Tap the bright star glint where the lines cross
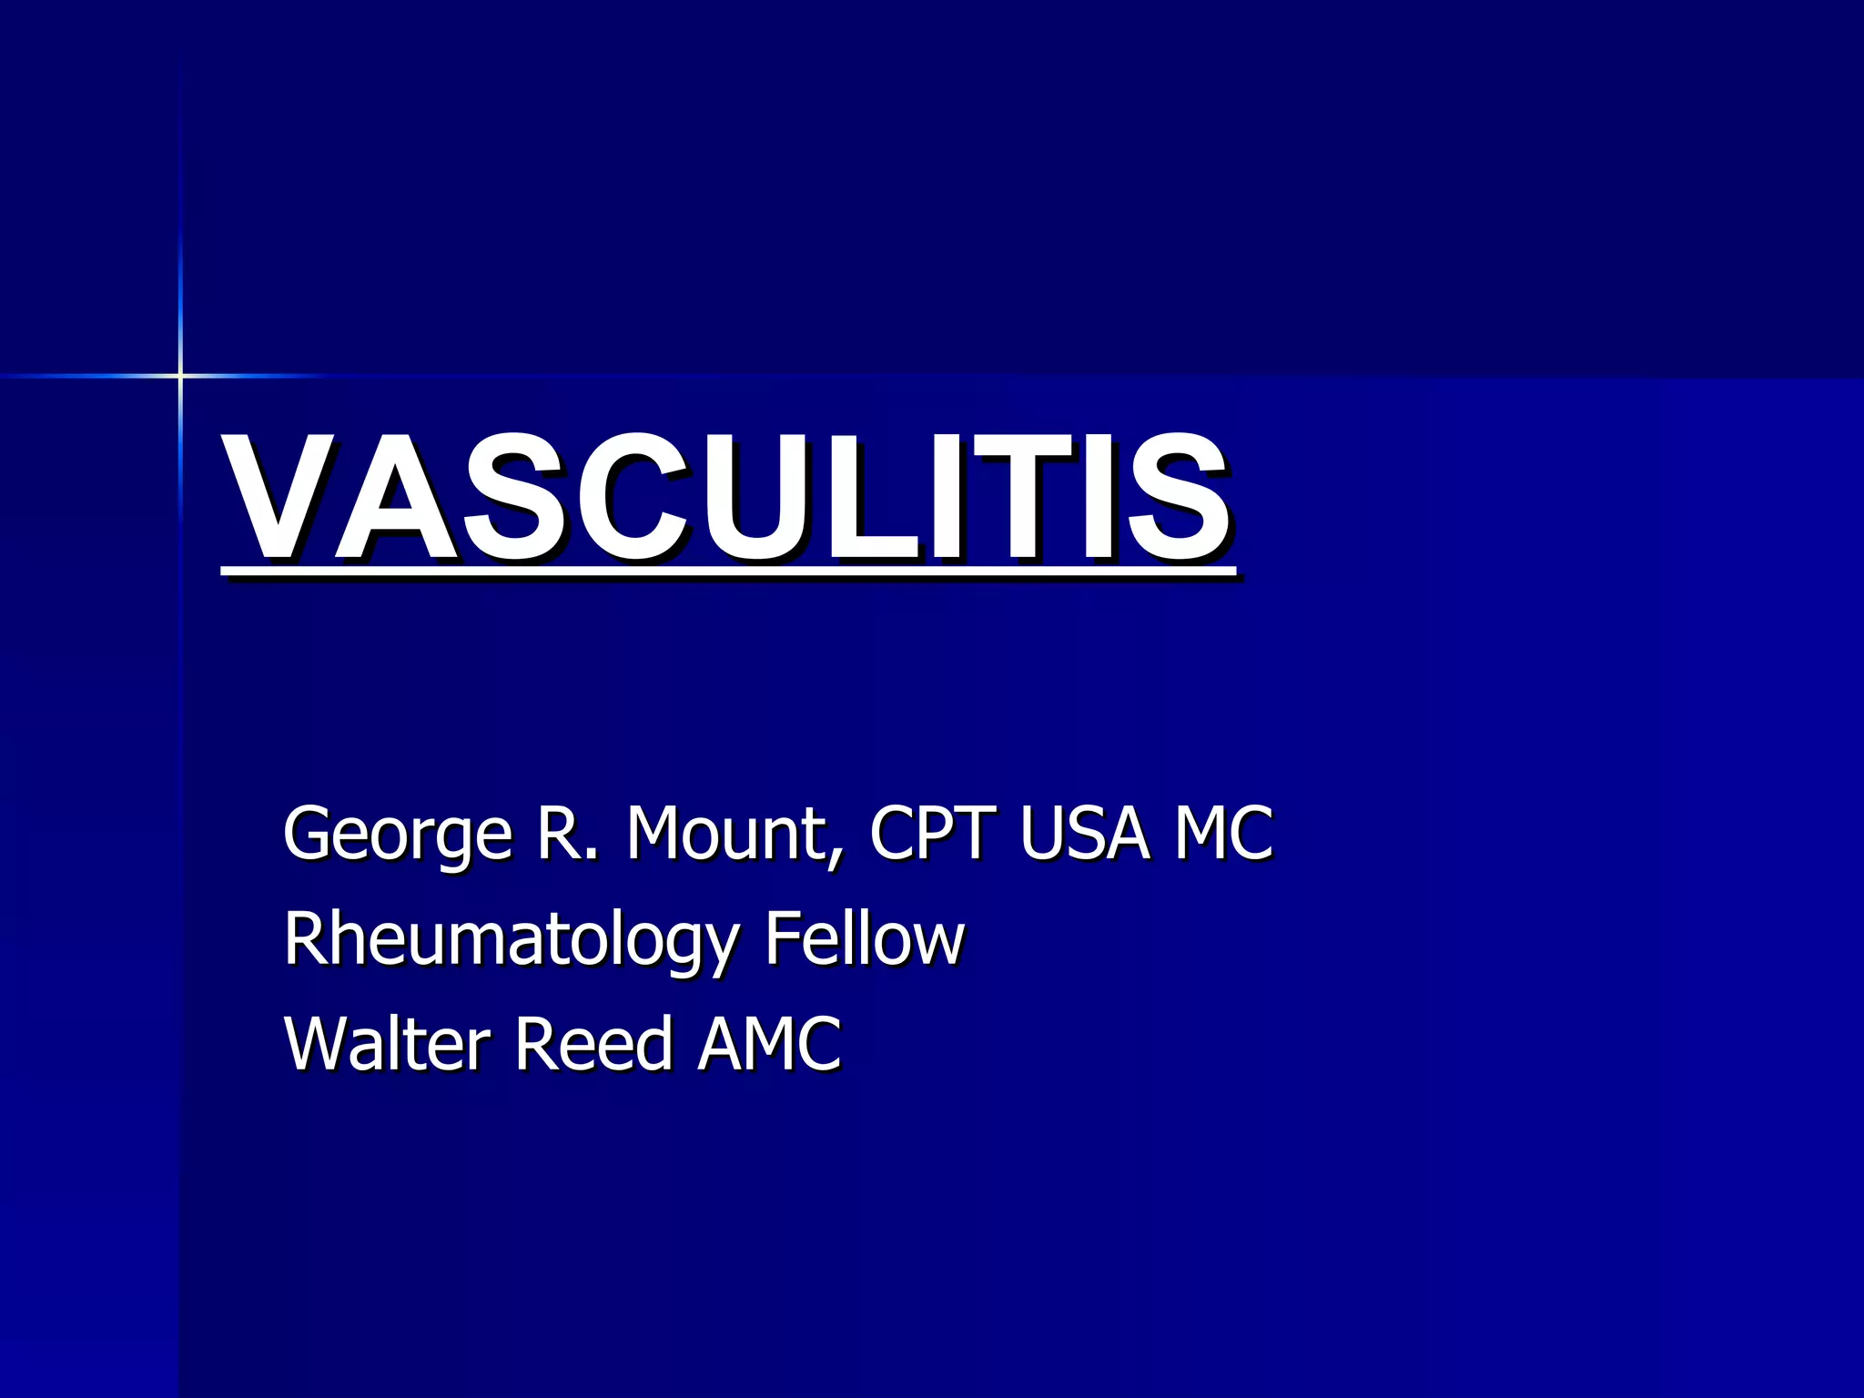click(180, 375)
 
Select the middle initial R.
click(560, 832)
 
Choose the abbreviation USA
click(1084, 832)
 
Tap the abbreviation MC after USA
click(1223, 832)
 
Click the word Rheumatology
click(511, 939)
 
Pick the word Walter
click(388, 1043)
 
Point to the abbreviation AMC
click(769, 1043)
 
